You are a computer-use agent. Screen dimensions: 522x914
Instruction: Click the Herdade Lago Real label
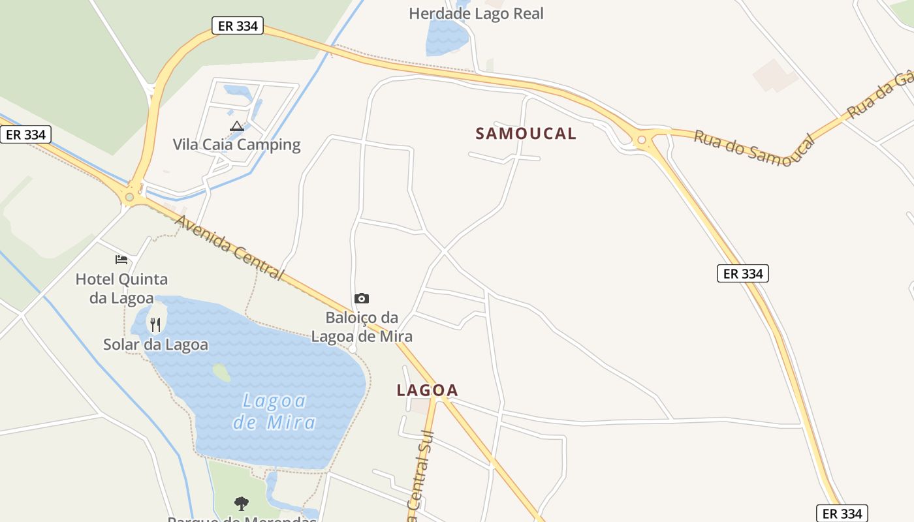coord(476,13)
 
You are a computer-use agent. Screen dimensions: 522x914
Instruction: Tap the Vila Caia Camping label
coord(236,144)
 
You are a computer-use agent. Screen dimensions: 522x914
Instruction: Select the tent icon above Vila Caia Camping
coord(236,126)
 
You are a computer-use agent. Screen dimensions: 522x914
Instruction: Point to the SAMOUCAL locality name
coord(526,134)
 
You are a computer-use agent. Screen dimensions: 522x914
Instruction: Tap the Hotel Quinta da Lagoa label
coord(121,288)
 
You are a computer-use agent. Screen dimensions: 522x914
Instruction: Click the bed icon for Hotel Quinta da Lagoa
coord(121,260)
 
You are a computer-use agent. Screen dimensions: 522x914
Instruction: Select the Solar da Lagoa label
coord(155,345)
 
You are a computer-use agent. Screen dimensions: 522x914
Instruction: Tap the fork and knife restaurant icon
coord(155,324)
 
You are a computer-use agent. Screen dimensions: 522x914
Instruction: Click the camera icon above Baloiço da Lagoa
coord(362,298)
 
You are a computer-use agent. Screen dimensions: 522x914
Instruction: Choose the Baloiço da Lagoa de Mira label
coord(362,327)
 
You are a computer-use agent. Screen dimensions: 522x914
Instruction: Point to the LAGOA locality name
coord(428,390)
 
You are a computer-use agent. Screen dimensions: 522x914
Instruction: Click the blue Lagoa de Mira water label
coord(274,411)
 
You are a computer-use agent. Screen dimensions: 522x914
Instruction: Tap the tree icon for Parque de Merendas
coord(242,503)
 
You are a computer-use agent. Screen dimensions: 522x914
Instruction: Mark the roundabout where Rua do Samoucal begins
coord(642,139)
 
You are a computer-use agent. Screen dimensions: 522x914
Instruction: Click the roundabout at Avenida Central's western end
coord(130,196)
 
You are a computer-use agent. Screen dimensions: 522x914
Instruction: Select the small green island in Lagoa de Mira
coord(221,373)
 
